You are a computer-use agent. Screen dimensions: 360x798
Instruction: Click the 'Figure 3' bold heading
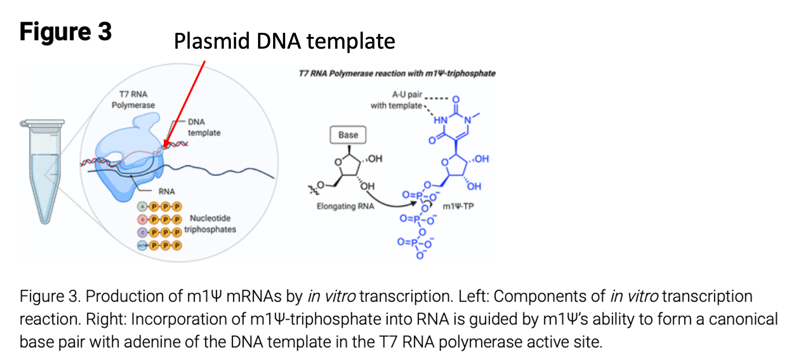66,32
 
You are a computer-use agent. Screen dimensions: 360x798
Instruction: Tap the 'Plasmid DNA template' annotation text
284,41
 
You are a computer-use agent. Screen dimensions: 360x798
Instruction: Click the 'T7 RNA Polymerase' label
133,100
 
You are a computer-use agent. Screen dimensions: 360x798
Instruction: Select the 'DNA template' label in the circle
204,127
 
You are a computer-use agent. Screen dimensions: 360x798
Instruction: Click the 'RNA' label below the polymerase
166,192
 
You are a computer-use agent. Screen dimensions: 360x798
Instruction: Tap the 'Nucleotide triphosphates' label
210,224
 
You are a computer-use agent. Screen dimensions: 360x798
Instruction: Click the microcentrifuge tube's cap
42,123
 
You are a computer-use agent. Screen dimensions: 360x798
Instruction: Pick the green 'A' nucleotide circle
142,207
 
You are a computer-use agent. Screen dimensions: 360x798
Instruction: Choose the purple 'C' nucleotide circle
142,233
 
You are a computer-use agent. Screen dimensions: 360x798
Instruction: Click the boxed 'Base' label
348,135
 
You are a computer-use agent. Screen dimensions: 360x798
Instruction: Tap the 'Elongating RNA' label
345,206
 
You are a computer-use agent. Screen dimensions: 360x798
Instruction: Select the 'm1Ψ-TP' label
458,206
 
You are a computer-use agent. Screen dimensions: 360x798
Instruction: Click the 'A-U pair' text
407,95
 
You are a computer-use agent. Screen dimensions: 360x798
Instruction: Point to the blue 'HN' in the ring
440,120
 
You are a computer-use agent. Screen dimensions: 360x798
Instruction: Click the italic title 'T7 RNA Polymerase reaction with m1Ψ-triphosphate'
397,73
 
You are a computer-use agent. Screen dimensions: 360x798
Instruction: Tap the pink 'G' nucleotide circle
142,220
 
